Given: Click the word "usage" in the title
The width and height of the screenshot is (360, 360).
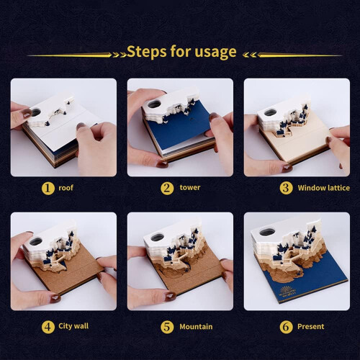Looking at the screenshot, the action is tap(215, 53).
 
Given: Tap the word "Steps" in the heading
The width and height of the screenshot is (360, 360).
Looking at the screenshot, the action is tap(147, 51).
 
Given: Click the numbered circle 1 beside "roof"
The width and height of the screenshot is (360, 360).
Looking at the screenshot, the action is tap(48, 188).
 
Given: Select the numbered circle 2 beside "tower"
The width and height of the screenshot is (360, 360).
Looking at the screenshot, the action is tap(167, 188).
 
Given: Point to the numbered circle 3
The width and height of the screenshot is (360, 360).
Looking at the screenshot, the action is tap(286, 188).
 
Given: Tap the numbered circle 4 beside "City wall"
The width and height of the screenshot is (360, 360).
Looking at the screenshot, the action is tap(48, 327).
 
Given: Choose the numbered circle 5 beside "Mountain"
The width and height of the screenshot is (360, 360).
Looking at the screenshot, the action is tap(167, 327).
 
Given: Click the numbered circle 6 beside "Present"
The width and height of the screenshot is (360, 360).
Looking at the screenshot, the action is tap(286, 327).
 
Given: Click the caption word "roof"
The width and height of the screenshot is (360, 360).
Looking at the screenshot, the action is tap(66, 188).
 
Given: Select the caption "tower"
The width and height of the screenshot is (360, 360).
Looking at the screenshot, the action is tap(190, 187).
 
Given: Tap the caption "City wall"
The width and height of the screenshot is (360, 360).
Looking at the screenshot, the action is tap(73, 326).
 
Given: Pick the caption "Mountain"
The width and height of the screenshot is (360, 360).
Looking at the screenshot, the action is tap(196, 327).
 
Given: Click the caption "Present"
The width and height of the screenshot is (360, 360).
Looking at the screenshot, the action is tap(310, 326).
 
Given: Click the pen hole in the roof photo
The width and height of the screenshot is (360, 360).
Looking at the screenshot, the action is tap(36, 112).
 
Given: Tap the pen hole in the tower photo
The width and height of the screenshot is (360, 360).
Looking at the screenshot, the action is tap(154, 104).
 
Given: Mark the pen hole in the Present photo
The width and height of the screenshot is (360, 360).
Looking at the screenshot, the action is tap(267, 233).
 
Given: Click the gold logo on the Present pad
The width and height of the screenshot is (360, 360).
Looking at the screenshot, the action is tap(287, 291).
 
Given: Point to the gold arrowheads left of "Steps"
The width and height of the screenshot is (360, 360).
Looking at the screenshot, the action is tap(120, 55).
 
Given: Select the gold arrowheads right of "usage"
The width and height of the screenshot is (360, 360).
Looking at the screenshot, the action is tap(249, 55).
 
